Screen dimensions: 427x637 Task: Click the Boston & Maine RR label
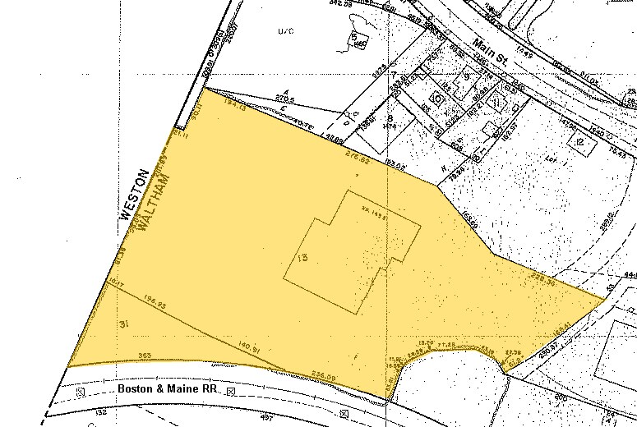[x=167, y=388]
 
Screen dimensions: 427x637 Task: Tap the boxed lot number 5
[x=354, y=38]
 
